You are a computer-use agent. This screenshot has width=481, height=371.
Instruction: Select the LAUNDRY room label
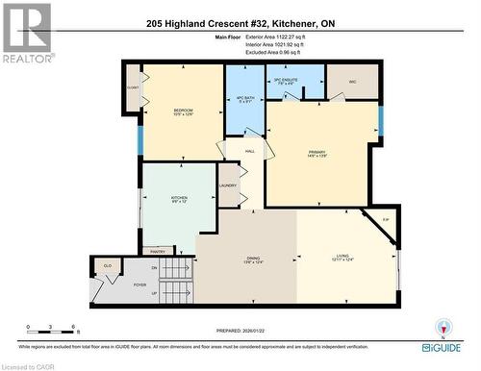[x=228, y=185]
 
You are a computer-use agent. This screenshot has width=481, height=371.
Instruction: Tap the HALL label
[x=248, y=151]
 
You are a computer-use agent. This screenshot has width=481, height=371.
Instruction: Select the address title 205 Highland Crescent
[x=240, y=24]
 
